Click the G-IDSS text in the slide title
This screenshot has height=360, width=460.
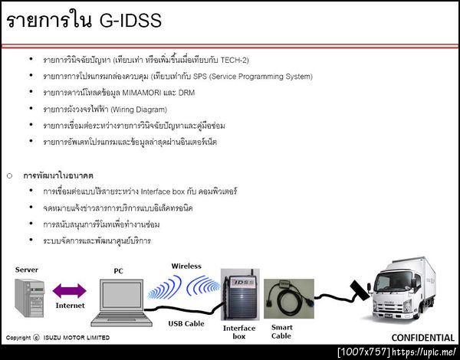click(130, 21)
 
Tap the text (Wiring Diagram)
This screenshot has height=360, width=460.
click(140, 110)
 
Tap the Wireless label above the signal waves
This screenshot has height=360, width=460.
click(186, 267)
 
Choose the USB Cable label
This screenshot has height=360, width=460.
click(186, 322)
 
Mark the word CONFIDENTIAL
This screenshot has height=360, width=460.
click(423, 337)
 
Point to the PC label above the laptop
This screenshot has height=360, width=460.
click(118, 270)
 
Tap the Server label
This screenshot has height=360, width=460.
click(27, 270)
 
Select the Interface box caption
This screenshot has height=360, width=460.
click(238, 331)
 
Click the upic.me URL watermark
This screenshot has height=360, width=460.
click(426, 352)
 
